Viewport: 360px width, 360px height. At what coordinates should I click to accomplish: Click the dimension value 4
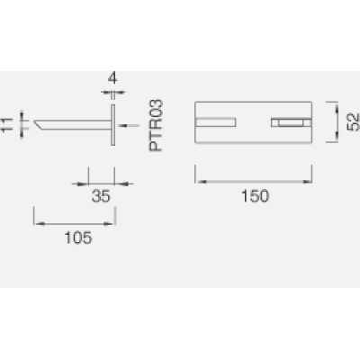point(112,78)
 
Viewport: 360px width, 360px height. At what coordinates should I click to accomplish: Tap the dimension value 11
point(6,124)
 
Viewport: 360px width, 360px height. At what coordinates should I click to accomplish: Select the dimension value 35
point(101,196)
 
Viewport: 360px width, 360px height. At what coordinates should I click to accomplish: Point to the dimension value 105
point(78,238)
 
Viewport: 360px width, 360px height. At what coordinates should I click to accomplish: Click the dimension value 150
point(256,196)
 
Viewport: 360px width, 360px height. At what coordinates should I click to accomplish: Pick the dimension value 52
point(354,121)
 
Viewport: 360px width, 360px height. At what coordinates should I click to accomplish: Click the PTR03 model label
point(156,125)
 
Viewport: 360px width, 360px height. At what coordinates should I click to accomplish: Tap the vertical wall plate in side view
point(112,125)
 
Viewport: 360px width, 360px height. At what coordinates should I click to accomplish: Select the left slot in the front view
point(215,122)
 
